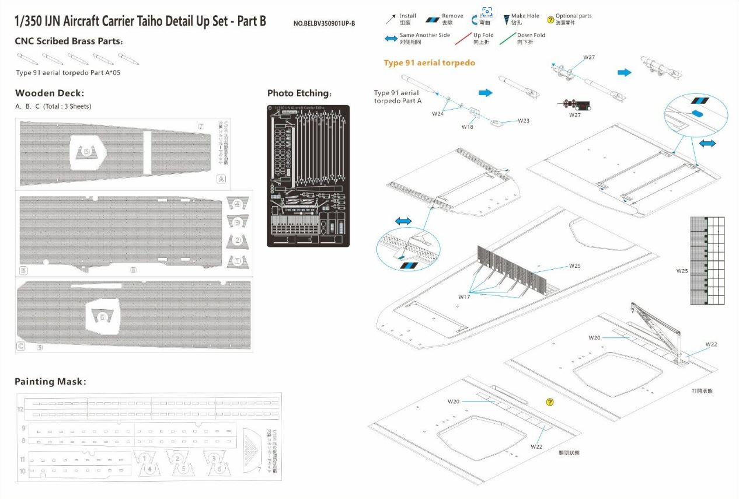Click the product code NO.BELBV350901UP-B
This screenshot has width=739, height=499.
coord(324,23)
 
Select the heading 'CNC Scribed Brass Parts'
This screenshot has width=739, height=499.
coord(68,41)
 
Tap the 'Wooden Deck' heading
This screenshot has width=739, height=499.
coord(50,93)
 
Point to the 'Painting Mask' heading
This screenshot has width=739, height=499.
coord(50,382)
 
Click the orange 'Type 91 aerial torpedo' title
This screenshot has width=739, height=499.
coord(429,63)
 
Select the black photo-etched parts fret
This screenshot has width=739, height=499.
coord(308,176)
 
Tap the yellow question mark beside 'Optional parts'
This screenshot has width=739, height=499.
coord(550,20)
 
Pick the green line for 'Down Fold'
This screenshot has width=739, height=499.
coord(507,39)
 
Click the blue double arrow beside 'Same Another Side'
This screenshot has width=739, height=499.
coord(391,39)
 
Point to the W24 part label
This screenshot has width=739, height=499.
coord(438,113)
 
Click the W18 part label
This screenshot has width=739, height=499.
coord(468,126)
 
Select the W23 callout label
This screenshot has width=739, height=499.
coord(523,121)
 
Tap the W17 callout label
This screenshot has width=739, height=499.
coord(464,297)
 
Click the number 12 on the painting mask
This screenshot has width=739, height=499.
coord(21,409)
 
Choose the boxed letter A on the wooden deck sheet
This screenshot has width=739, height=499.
coord(221,179)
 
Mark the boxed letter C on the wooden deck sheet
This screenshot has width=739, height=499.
coord(22,347)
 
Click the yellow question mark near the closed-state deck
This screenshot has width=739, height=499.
coord(549,402)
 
